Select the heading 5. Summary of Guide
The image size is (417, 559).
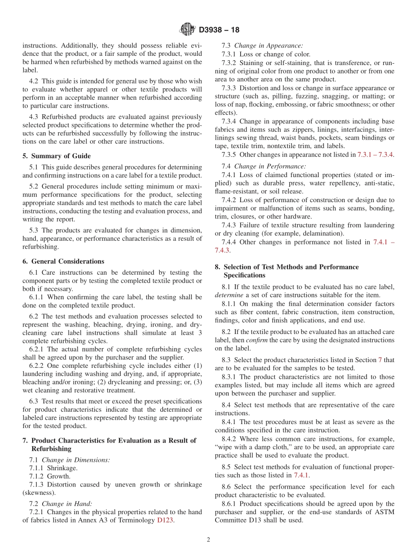tap(56, 156)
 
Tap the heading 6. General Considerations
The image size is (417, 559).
tap(63, 261)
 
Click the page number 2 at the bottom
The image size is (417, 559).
tap(208, 540)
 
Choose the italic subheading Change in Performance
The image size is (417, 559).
tap(270, 166)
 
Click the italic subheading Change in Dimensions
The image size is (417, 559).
tap(76, 459)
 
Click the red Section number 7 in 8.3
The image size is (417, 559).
tap(380, 360)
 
